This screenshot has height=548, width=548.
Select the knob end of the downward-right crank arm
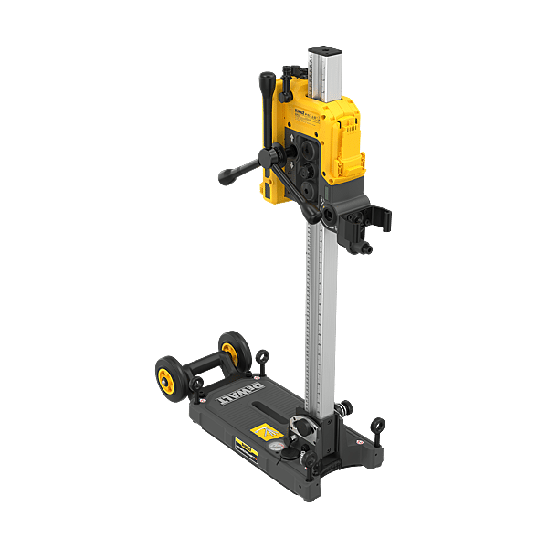pos(316,216)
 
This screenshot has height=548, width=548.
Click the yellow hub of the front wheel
pos(169,377)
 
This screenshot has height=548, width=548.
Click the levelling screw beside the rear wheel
pos(263,358)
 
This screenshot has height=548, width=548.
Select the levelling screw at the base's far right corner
pos(377,427)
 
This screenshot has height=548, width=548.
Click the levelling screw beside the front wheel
pos(195,386)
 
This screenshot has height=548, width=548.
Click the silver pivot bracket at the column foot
pos(303,427)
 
